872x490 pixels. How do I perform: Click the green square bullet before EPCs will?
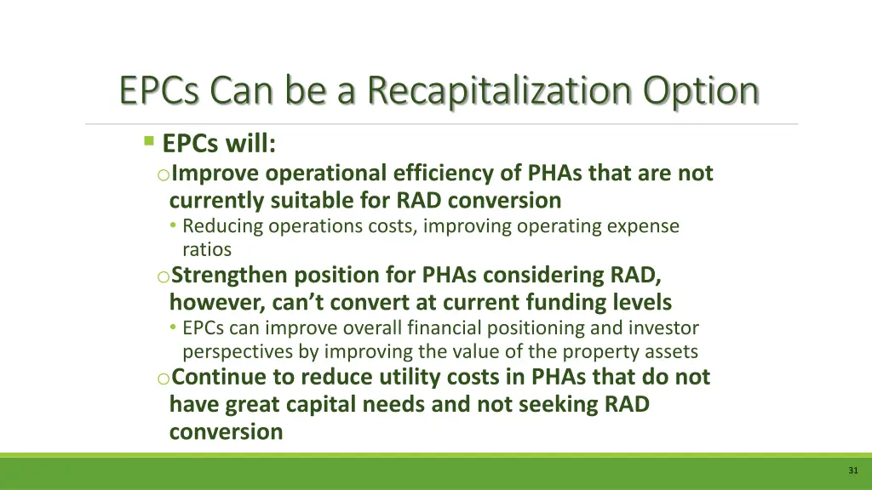(x=149, y=141)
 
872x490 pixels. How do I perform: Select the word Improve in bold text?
(x=216, y=174)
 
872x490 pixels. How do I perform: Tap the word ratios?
(x=206, y=250)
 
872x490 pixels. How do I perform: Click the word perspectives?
(x=239, y=351)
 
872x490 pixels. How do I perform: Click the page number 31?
(x=852, y=471)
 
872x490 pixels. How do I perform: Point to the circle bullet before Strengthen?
(x=163, y=276)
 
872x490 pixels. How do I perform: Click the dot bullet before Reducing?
(x=173, y=227)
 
